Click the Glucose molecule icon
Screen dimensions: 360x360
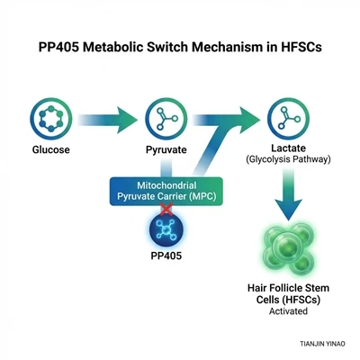(51, 119)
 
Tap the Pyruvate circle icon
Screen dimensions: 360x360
(166, 119)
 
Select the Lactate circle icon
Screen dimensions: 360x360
(288, 119)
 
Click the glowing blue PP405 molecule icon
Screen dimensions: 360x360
(166, 229)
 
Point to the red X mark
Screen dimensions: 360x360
(166, 209)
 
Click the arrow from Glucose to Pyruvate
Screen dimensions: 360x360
(107, 120)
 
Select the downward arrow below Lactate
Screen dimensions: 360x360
(288, 194)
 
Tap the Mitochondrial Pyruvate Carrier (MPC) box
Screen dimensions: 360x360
(166, 192)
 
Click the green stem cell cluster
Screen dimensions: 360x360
(288, 248)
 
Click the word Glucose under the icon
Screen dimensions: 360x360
(51, 149)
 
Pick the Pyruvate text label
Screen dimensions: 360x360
(166, 149)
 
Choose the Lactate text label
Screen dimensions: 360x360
(288, 148)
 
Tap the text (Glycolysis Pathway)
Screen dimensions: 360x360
(288, 159)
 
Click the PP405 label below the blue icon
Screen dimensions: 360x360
(166, 256)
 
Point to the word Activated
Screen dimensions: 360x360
(288, 311)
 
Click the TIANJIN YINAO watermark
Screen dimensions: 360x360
(322, 344)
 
